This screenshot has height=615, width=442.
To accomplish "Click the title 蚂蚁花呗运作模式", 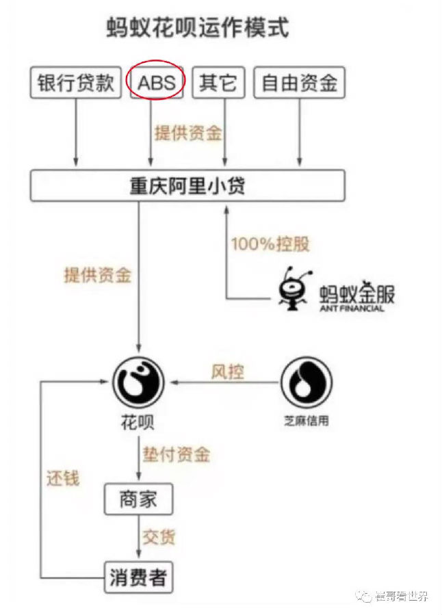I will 198,28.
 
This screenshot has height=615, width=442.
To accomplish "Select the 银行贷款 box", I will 76,83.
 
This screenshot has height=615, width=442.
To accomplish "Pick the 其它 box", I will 217,83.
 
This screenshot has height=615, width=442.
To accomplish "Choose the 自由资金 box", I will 298,83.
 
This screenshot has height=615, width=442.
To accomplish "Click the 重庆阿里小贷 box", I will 187,186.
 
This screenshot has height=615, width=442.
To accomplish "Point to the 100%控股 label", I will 265,244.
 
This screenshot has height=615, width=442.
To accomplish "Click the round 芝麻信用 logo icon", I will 307,382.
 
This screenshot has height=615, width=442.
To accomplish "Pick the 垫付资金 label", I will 176,454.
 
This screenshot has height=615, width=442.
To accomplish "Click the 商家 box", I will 138,500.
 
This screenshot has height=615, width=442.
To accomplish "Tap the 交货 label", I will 159,536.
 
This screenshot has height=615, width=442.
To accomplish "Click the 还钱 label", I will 63,477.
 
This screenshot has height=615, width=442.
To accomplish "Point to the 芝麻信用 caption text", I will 306,421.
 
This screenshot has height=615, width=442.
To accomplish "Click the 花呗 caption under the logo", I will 139,422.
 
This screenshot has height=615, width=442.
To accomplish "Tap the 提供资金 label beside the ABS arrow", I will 188,133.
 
